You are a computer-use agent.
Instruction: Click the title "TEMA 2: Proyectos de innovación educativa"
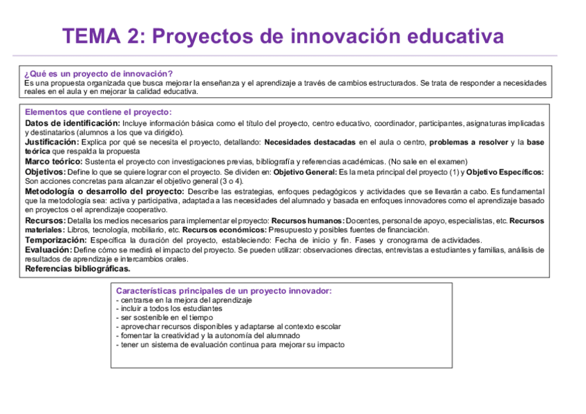coord(283,36)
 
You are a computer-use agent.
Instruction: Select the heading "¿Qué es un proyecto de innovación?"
coord(98,73)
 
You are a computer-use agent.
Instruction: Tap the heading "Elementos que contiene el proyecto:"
coord(98,112)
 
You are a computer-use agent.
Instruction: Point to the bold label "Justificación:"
coord(52,142)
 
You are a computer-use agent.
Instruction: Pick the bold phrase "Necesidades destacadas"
coord(310,142)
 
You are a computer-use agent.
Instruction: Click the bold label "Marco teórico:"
coord(53,161)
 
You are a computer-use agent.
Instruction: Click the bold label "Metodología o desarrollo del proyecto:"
coord(104,191)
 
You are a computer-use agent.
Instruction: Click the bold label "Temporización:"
coord(56,239)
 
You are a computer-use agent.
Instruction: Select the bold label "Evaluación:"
coord(48,250)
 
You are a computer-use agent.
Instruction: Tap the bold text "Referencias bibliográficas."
coord(77,268)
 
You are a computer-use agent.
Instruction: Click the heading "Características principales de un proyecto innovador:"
coord(224,291)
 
